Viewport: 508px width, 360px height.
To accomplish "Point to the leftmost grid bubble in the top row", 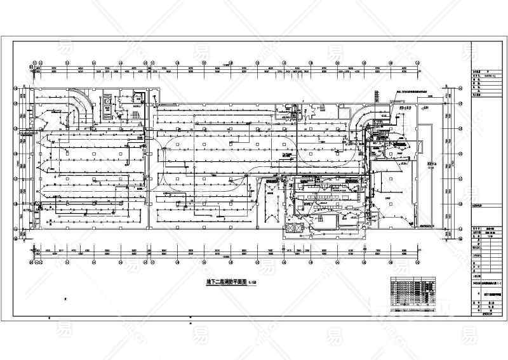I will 30,64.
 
